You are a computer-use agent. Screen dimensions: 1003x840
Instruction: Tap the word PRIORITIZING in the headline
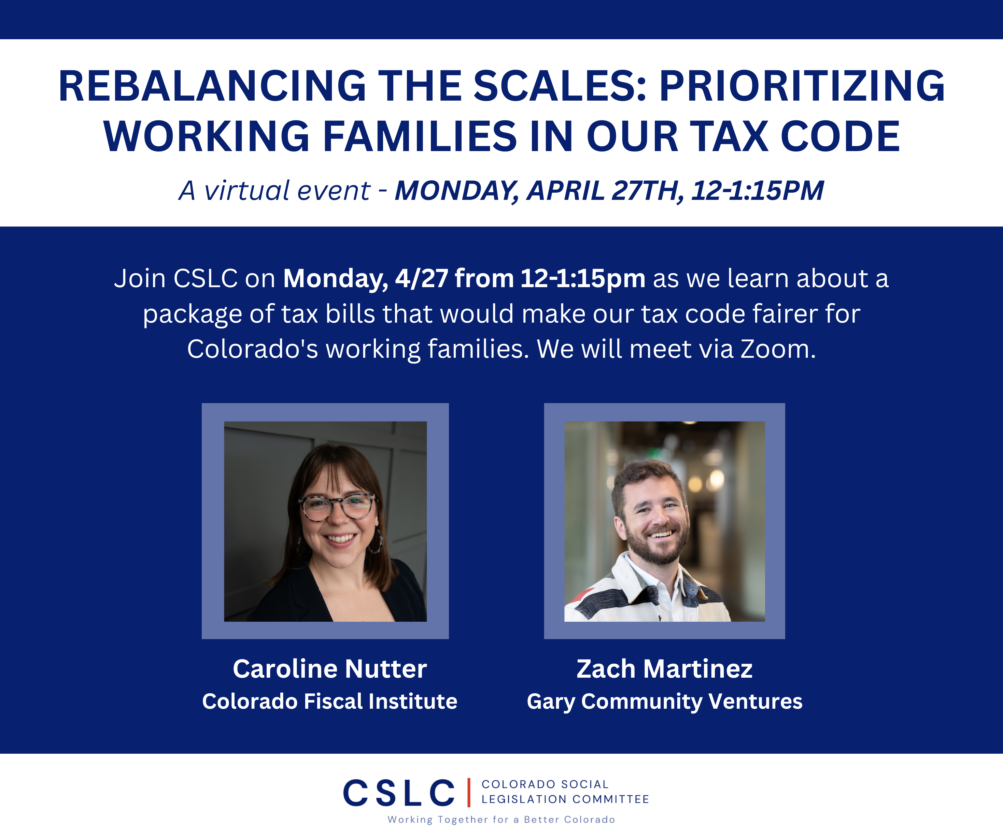[802, 86]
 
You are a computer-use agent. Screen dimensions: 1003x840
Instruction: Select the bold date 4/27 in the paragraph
[421, 278]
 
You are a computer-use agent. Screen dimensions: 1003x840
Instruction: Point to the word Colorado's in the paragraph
[252, 349]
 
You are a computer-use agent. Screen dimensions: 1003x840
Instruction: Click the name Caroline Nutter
[329, 669]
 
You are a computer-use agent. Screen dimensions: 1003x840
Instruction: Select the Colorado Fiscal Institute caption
[329, 701]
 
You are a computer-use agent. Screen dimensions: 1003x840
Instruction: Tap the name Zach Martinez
[664, 669]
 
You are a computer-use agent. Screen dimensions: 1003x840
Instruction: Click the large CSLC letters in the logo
[399, 793]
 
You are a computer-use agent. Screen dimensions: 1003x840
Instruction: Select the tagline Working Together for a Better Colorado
[501, 820]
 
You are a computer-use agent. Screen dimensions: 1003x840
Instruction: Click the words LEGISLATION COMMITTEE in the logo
[565, 799]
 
